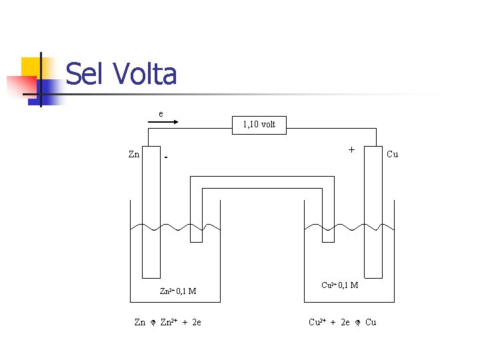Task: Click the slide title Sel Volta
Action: click(121, 74)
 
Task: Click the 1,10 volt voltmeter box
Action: click(259, 125)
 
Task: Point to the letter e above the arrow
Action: click(161, 113)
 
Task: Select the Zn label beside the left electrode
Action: click(134, 155)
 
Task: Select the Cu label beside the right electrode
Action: click(392, 155)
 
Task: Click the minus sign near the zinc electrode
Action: click(166, 159)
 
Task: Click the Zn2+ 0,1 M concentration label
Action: click(177, 291)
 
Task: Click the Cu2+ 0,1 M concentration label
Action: click(339, 285)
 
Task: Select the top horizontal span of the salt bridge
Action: click(262, 183)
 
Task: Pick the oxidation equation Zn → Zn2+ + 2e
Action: click(168, 323)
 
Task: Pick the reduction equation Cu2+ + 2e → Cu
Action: click(342, 323)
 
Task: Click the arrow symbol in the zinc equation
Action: click(153, 323)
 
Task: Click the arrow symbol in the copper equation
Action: click(357, 323)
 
